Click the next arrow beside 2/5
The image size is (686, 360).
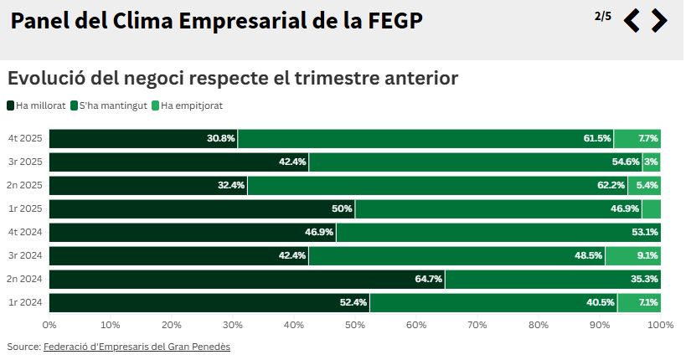[x=659, y=20]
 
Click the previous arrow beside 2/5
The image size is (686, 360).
[x=632, y=20]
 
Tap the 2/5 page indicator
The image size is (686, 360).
[x=602, y=16]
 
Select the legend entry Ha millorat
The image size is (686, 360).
[x=38, y=105]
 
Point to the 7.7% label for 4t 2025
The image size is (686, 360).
[x=647, y=138]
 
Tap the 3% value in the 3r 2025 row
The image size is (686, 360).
[x=651, y=162]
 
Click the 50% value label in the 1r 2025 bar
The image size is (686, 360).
[x=342, y=208]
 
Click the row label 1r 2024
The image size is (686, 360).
[x=26, y=302]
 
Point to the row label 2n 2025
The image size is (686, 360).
[x=25, y=185]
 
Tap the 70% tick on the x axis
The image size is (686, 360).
[x=477, y=324]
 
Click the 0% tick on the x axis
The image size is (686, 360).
[x=49, y=324]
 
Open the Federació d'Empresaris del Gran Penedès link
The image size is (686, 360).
[x=137, y=346]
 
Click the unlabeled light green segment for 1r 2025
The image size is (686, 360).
[x=652, y=208]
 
